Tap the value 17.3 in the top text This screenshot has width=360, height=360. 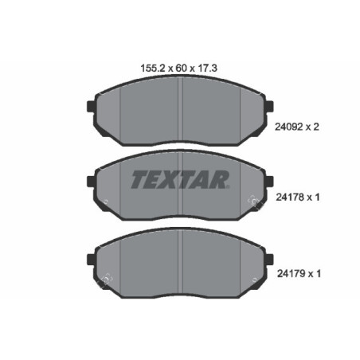[207, 68]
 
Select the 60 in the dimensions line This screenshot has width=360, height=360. [176, 68]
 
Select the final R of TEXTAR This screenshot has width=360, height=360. [219, 179]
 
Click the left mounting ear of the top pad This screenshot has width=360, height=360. [90, 106]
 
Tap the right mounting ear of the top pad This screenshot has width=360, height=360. [271, 106]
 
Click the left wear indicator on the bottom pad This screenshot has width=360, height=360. [103, 279]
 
